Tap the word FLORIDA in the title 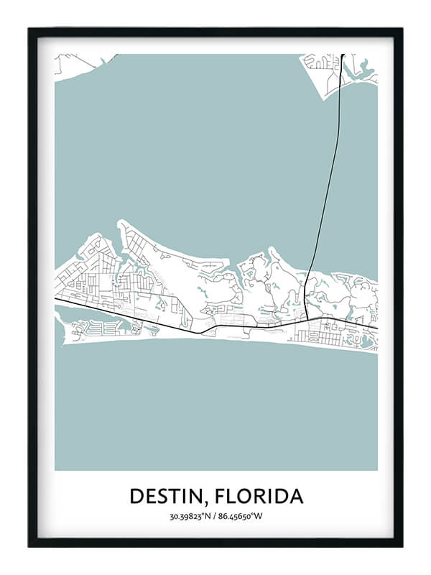click(259, 496)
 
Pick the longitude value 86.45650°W click(241, 516)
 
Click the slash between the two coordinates click(215, 516)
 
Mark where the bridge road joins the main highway click(307, 320)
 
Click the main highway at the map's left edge click(57, 299)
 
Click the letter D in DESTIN click(136, 496)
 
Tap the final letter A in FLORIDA click(297, 496)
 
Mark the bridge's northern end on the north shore click(343, 57)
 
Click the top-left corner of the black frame click(30, 30)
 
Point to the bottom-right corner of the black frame click(401, 544)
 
